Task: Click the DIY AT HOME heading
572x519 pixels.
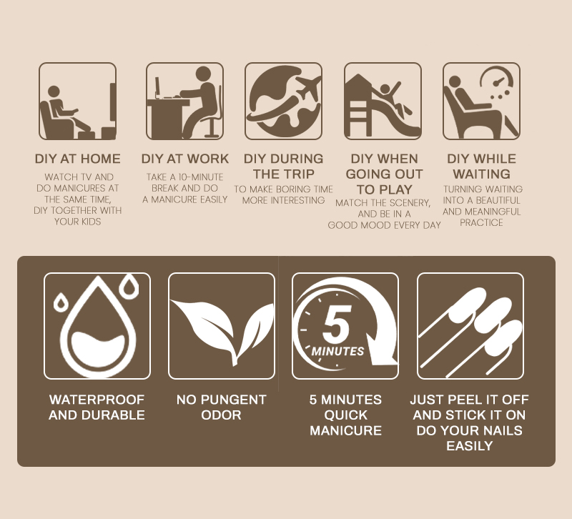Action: click(77, 159)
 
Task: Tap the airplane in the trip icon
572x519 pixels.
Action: click(309, 86)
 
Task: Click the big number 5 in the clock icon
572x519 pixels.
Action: click(336, 324)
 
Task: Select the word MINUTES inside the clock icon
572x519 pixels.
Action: click(337, 351)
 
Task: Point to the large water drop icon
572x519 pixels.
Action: click(98, 327)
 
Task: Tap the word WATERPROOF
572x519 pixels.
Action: click(97, 400)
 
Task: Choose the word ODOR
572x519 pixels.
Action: click(221, 415)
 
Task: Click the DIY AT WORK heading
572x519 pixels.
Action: click(185, 159)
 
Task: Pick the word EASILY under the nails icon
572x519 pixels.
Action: click(470, 445)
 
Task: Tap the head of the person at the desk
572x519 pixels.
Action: click(203, 74)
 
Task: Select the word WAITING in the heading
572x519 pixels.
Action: click(481, 174)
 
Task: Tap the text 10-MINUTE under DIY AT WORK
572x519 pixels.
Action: click(200, 177)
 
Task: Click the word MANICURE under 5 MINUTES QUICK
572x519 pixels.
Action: click(345, 430)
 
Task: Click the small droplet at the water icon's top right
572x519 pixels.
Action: click(129, 285)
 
